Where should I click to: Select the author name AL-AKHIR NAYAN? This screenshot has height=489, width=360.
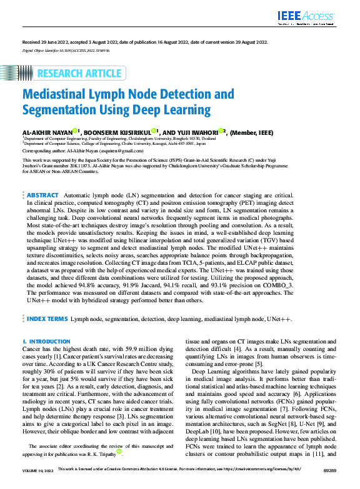46,132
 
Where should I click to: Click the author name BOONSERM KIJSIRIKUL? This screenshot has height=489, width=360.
118,132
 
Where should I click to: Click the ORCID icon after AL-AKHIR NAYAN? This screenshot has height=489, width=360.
74,131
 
